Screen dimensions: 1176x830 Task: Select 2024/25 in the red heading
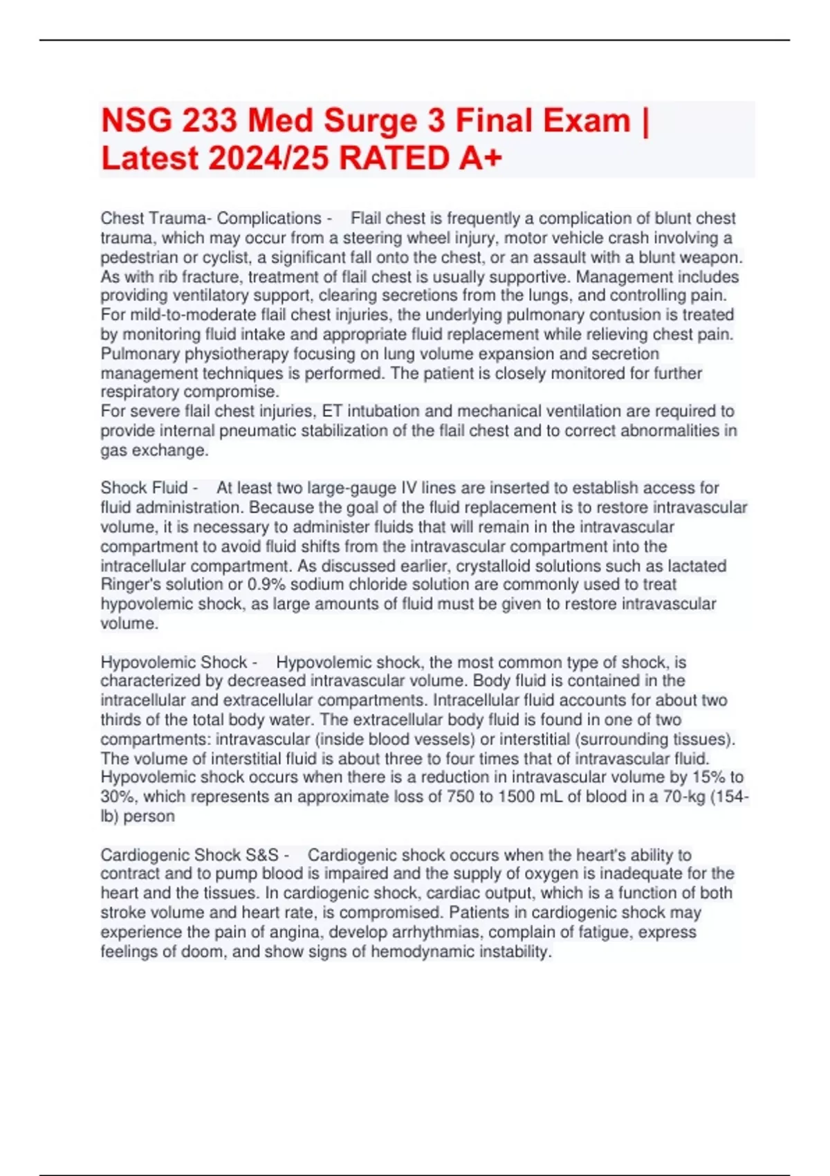tap(269, 158)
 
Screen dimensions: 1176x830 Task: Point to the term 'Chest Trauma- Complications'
tap(211, 219)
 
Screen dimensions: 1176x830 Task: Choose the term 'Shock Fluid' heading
tap(144, 488)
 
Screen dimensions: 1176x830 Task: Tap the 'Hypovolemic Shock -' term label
tap(178, 663)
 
